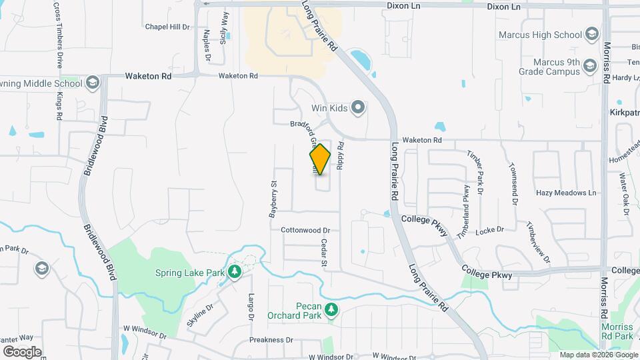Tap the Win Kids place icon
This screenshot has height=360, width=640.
[359, 107]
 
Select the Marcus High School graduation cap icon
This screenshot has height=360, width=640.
[591, 35]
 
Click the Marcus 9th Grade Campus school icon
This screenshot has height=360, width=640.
[589, 65]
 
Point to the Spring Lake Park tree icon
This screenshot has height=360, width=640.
[234, 272]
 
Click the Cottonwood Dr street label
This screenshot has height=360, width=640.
[305, 230]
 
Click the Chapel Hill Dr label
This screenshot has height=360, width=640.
[167, 27]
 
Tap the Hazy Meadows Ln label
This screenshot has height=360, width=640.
[566, 193]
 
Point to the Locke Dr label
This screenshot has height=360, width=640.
[490, 230]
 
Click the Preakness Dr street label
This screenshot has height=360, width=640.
[271, 339]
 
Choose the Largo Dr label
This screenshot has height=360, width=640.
[251, 306]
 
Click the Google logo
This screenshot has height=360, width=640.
[22, 351]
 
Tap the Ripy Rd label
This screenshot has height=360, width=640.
[340, 155]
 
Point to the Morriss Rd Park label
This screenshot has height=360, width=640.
[616, 332]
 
